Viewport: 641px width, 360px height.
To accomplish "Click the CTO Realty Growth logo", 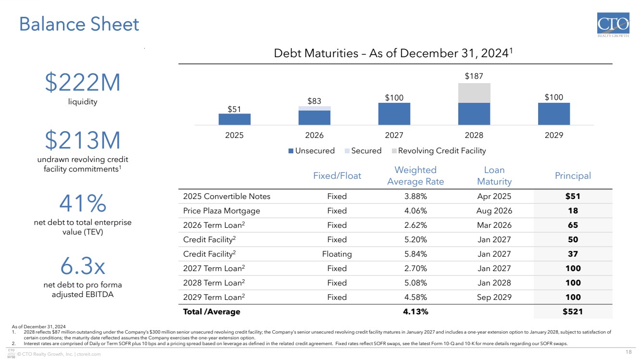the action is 613,25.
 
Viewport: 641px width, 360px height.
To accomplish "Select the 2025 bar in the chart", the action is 234,119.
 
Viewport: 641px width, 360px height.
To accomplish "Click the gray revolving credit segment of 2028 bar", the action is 474,93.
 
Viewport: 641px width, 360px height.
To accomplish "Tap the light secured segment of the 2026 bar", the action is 314,108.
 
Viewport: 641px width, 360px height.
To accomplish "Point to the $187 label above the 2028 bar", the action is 474,76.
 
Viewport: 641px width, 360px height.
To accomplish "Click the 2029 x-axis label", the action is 553,135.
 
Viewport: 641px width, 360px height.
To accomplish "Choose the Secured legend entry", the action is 363,151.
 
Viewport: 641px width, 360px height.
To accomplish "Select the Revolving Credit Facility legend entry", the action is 439,151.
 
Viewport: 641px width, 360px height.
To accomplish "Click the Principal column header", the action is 573,175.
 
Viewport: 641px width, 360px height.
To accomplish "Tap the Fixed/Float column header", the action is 337,175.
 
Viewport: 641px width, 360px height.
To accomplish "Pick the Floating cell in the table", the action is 337,254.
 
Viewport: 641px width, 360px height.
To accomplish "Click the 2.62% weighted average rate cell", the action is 415,225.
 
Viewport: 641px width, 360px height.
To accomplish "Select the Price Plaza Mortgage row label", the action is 222,211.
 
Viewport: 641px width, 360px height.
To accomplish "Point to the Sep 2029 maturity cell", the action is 494,297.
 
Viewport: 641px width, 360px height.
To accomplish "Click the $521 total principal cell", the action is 573,311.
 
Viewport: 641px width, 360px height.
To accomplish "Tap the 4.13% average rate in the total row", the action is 415,311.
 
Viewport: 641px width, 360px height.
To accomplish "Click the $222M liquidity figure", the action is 83,82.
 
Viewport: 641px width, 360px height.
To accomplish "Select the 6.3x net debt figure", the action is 83,266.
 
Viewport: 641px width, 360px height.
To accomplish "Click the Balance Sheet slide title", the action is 79,24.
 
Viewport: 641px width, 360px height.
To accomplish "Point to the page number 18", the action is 628,352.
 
